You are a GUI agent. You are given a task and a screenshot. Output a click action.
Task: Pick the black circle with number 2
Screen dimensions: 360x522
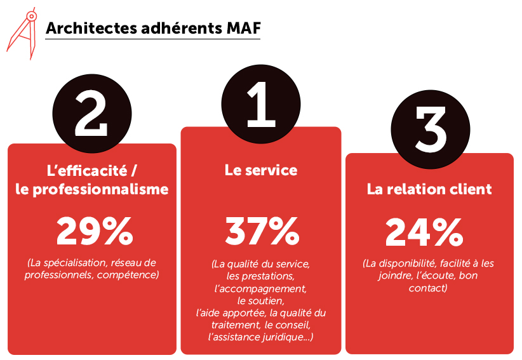point(91,116)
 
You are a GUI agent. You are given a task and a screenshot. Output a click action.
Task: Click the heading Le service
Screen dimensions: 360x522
point(261,170)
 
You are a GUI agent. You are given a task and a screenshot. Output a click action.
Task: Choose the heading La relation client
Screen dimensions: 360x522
point(429,189)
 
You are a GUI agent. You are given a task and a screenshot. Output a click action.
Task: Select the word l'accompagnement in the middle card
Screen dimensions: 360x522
point(260,288)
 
